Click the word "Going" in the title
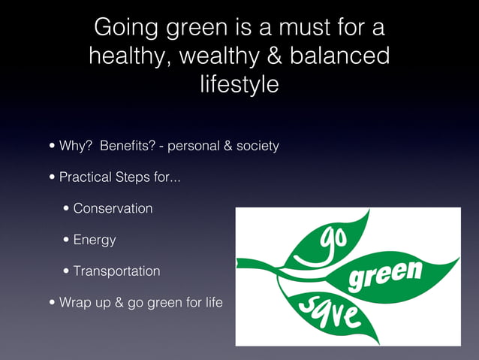122,29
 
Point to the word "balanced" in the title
346,56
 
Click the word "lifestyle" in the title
239,84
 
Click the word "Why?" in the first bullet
75,146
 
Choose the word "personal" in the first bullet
193,146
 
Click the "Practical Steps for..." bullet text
119,178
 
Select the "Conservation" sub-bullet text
113,208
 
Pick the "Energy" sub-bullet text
95,241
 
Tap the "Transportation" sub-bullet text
116,271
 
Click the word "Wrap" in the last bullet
75,304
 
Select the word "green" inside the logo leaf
384,277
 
